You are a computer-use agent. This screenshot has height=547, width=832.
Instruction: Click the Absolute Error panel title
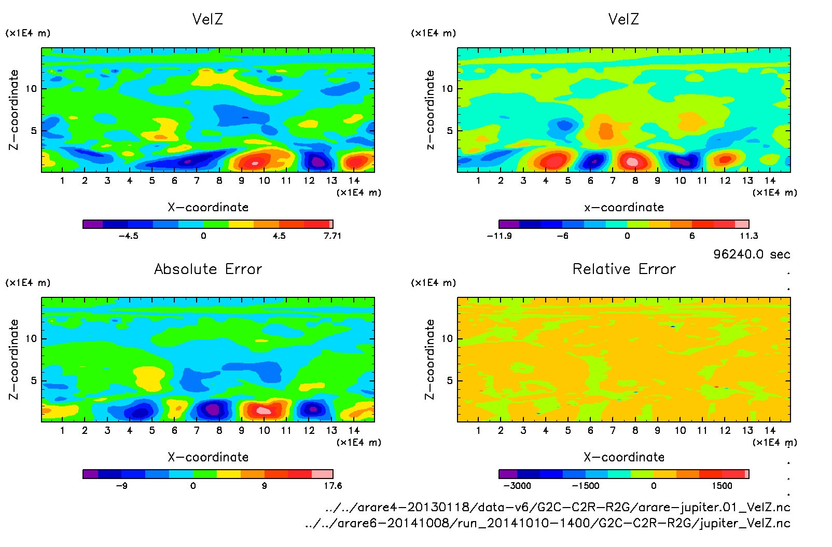pos(208,269)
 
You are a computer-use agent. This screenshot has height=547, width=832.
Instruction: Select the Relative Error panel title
pos(624,269)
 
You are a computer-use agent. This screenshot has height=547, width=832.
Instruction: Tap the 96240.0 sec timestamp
pos(752,254)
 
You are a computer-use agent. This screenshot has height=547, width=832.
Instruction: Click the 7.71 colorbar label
pos(332,236)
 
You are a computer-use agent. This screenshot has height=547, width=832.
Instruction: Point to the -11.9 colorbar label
pos(499,236)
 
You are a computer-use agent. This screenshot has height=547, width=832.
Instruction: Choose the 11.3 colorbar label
pos(748,236)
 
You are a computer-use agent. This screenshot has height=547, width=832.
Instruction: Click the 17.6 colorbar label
pos(332,486)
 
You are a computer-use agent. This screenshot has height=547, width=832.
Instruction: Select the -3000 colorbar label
pos(517,486)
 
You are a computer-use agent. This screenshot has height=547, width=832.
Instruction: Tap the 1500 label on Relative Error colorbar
pos(722,486)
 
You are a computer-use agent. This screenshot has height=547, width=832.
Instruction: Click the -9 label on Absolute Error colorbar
pos(121,486)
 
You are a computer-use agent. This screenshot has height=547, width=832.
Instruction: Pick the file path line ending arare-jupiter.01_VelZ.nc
pos(558,507)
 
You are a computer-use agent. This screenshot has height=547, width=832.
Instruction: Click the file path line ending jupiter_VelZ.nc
pos(548,523)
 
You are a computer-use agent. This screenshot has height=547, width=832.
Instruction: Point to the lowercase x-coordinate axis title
pos(624,208)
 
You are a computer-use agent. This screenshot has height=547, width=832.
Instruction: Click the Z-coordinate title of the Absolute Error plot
pos(14,359)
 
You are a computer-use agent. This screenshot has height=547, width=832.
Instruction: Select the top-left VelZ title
pos(207,19)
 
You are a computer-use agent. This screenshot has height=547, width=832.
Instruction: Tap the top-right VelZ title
pos(623,19)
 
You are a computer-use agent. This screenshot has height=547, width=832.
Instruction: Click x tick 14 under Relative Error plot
pos(770,430)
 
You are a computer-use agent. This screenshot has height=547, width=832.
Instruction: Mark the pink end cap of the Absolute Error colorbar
pos(322,474)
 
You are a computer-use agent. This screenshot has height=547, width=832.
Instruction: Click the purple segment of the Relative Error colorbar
pos(508,474)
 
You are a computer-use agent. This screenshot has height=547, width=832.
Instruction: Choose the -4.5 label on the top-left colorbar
pos(128,236)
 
